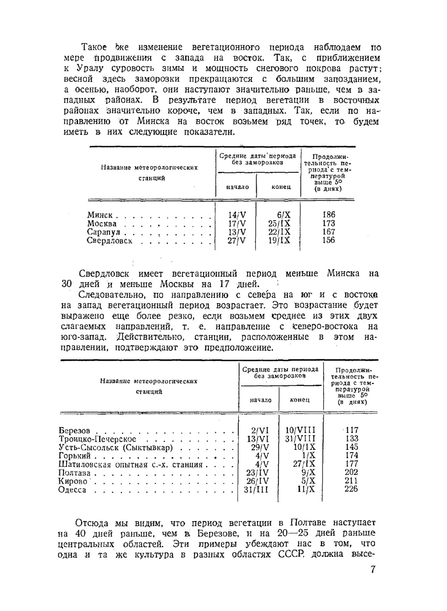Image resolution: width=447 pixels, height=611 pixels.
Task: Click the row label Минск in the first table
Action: click(x=100, y=215)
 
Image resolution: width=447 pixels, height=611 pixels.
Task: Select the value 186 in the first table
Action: click(x=328, y=215)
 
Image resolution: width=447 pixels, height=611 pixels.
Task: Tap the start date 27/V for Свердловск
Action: click(x=237, y=240)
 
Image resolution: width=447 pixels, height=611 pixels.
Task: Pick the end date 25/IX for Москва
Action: click(x=279, y=223)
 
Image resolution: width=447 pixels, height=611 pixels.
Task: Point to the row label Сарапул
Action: click(x=104, y=232)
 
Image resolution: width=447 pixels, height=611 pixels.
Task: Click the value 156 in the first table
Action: click(x=328, y=240)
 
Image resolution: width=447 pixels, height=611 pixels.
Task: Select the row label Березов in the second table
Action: click(x=74, y=431)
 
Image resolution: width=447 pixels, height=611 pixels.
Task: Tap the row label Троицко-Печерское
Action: click(x=97, y=439)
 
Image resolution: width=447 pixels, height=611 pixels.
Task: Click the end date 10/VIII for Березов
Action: click(x=300, y=430)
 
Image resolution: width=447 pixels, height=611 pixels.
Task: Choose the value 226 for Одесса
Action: click(x=351, y=489)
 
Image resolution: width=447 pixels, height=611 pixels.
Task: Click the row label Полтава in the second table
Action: click(x=74, y=473)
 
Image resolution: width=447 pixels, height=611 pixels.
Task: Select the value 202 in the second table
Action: click(x=351, y=472)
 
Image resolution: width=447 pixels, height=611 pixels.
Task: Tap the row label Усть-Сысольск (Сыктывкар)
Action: click(x=116, y=448)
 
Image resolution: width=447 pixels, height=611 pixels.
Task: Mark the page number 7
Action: click(x=373, y=570)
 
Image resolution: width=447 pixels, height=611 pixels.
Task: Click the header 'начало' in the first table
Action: click(x=237, y=187)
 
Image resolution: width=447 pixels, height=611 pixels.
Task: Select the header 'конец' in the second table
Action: click(x=299, y=400)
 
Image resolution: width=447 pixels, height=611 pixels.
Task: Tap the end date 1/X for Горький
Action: click(x=308, y=456)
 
